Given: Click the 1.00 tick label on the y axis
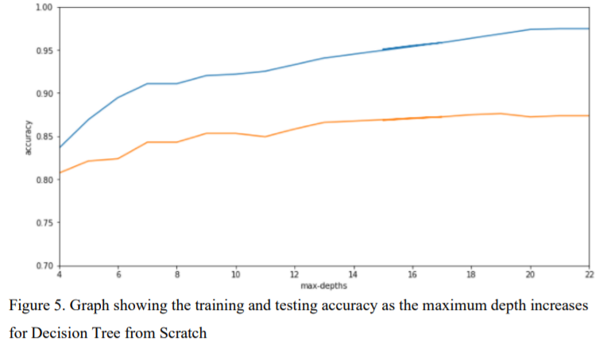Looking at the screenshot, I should (43, 8).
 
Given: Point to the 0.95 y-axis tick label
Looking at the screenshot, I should (43, 51).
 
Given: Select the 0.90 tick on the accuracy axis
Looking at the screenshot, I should (43, 94).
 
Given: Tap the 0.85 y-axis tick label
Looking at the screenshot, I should (43, 137).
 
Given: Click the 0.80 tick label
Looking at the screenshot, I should (43, 180).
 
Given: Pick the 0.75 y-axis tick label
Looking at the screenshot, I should (43, 223).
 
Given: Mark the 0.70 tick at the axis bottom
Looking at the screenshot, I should (43, 265).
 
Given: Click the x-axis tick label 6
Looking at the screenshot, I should (118, 275).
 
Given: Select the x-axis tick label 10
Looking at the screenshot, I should (235, 275).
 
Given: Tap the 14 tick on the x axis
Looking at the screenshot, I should (353, 275).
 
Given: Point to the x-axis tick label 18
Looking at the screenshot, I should (471, 275).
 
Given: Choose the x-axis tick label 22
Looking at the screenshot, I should (588, 275).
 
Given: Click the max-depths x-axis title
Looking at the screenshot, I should (323, 285).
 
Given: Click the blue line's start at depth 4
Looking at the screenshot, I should (60, 148).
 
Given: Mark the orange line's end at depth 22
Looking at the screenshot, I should (588, 116).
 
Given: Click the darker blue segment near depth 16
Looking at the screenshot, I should (412, 46).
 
